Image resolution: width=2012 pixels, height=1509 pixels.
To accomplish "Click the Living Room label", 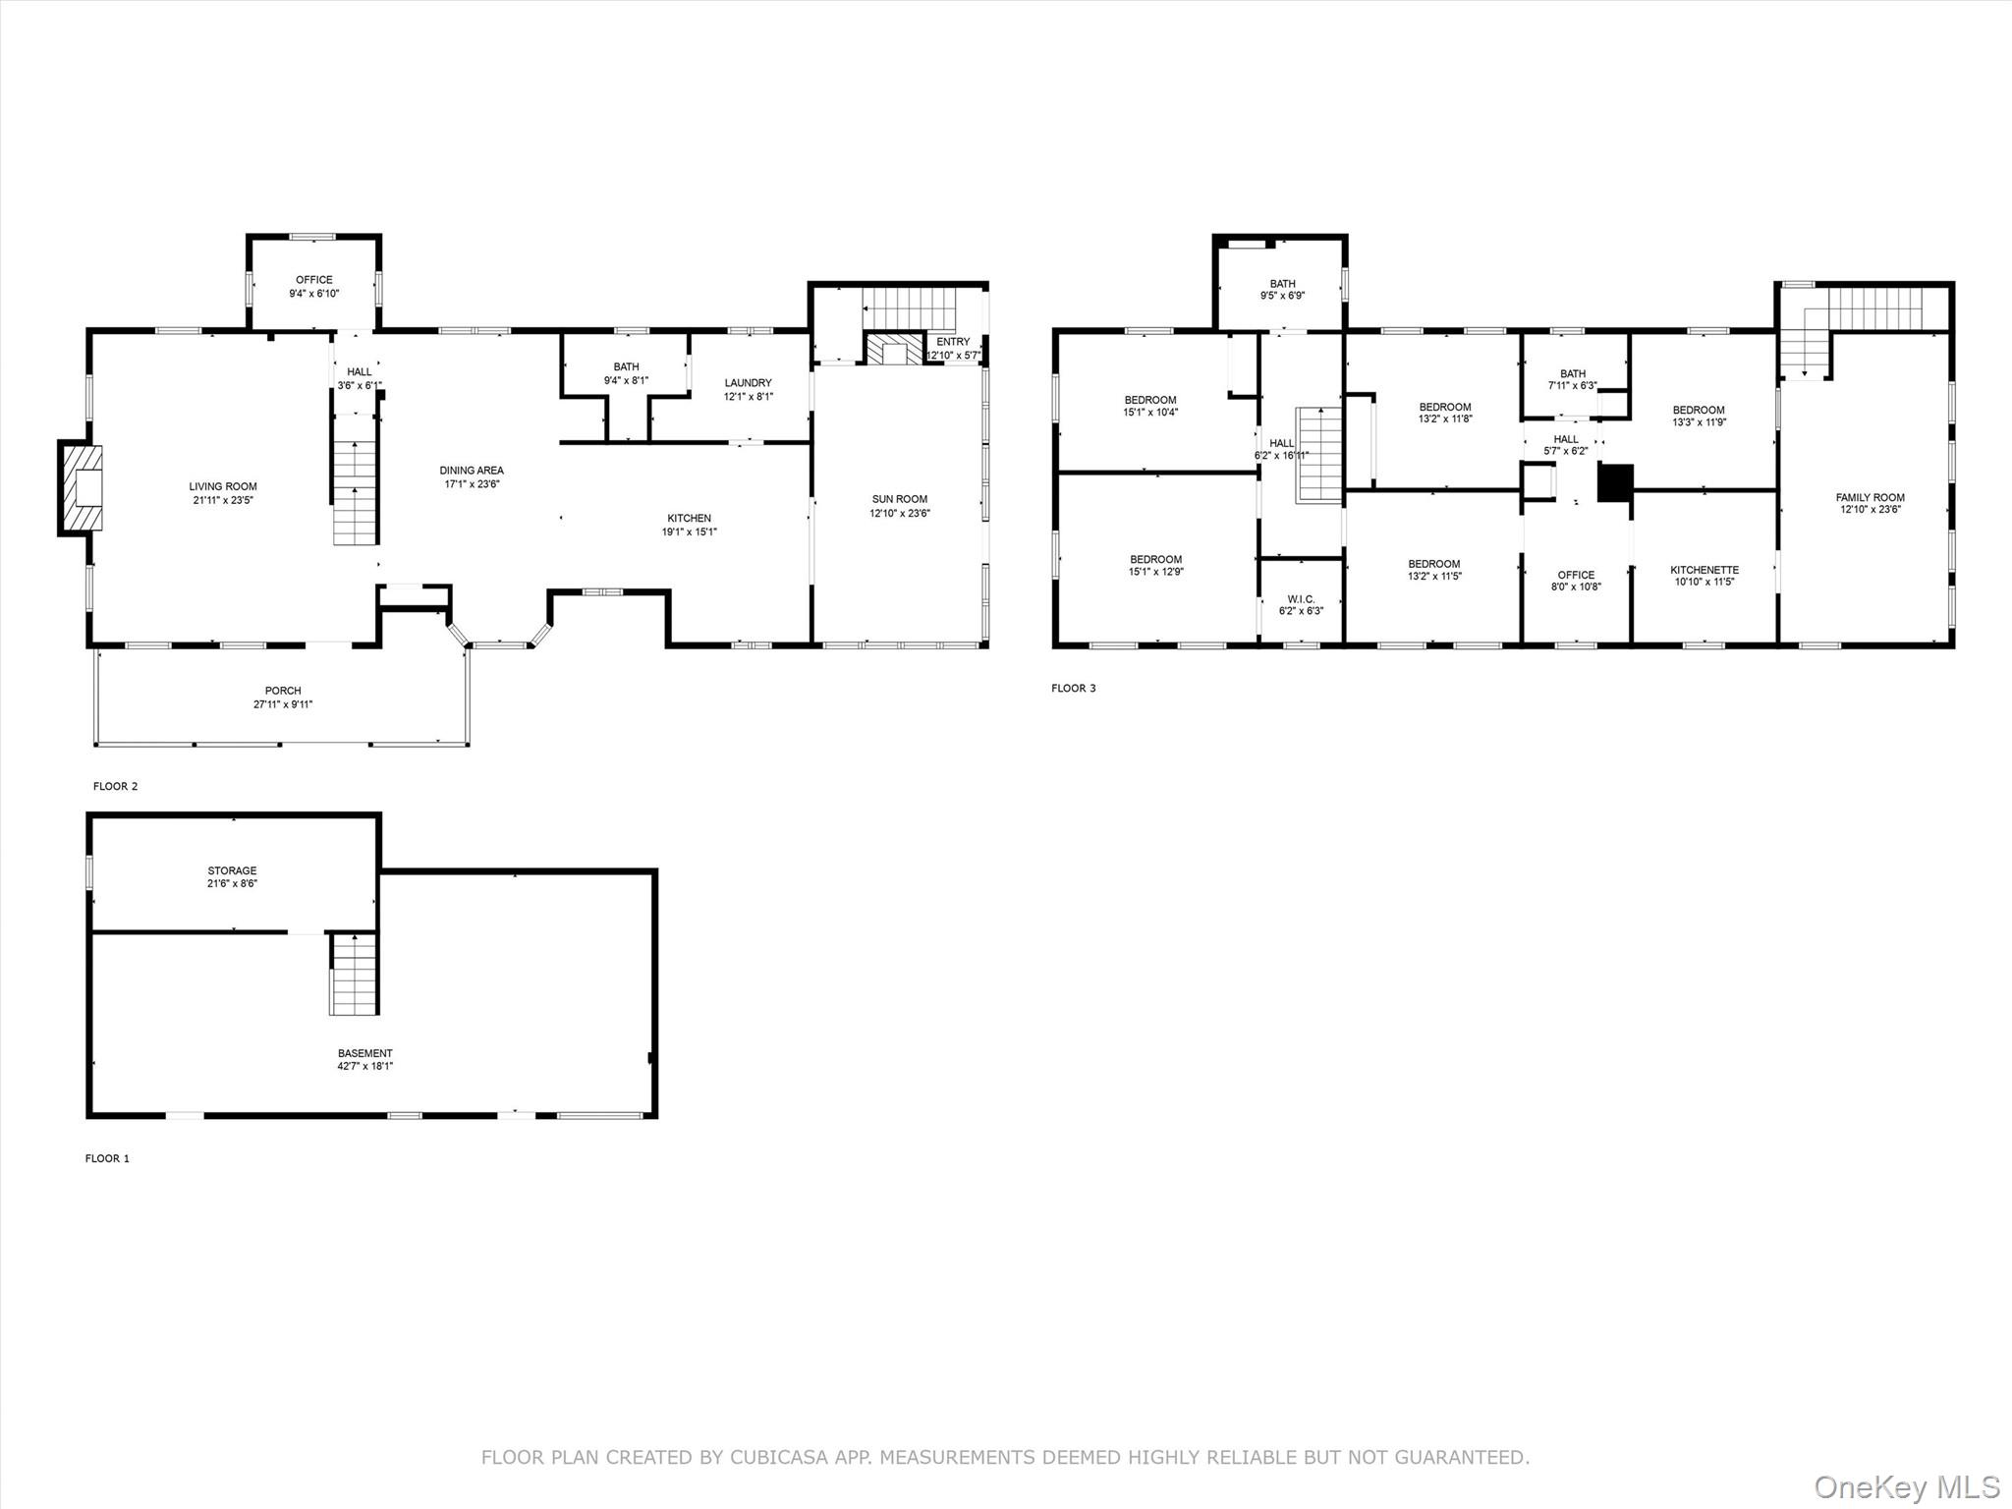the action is coord(223,486).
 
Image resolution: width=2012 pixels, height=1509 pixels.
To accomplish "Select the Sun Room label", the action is coord(899,499).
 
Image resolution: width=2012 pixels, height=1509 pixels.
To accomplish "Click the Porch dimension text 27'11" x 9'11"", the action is coord(283,704).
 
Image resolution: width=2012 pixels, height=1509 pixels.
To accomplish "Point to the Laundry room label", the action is coord(749,383).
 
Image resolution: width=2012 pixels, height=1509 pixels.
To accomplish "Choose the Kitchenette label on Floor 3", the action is coord(1705,570).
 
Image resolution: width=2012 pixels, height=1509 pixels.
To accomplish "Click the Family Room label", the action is coord(1871,498).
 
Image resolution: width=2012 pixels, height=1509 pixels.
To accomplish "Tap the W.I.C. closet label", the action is coord(1301,599).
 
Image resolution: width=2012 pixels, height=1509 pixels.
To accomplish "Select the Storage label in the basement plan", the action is coord(232,870).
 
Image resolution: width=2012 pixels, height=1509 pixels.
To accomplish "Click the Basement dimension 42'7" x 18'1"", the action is coord(365,1066).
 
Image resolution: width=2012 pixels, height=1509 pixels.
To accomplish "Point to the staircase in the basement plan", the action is coord(354,974).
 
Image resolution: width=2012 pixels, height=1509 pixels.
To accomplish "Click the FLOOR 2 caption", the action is coord(116,786).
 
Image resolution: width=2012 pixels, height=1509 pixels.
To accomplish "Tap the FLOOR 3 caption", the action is coord(1074,688).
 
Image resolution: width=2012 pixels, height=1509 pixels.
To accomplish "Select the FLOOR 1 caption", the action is coord(107,1158).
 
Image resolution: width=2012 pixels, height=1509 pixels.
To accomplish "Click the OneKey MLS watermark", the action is coord(1907,1486).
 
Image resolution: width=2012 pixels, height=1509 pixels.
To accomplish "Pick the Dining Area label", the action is coord(472,471).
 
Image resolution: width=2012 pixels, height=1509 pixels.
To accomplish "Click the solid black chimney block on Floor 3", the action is coord(1615,483).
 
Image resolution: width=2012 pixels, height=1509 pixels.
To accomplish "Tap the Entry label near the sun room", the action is coord(953,342).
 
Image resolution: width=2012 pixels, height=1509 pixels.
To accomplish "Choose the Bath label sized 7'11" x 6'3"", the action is coord(1573,373).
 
